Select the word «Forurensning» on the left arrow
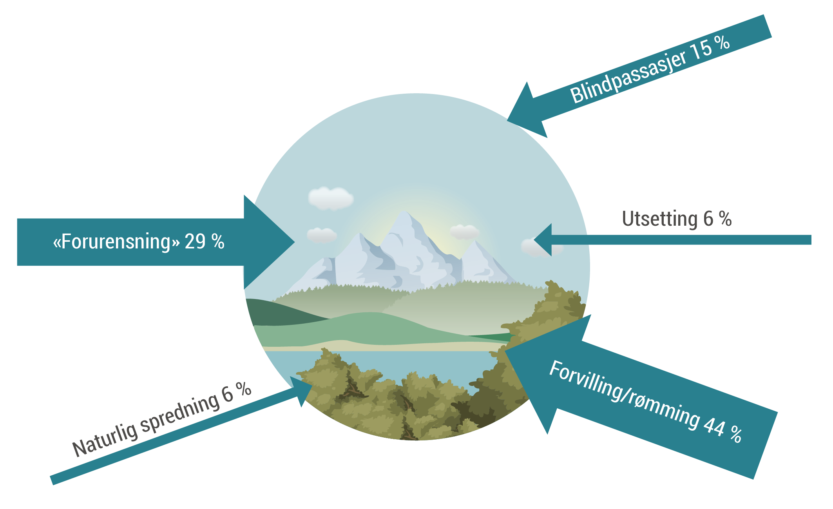click(116, 241)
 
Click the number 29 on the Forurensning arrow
click(195, 241)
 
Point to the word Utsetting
click(659, 219)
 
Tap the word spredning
click(180, 413)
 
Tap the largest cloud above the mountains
click(330, 198)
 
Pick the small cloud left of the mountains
click(321, 235)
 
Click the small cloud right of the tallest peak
click(464, 231)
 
